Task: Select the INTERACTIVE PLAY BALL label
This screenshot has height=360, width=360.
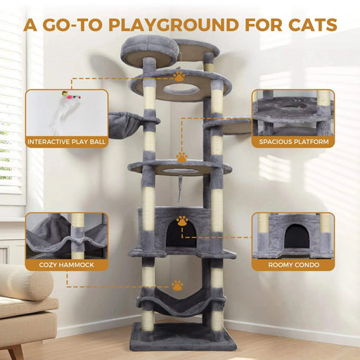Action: point(66,141)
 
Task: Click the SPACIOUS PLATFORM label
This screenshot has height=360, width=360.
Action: point(293,141)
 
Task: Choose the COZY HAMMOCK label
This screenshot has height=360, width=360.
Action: point(67,265)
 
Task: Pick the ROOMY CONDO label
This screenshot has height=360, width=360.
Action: point(292,265)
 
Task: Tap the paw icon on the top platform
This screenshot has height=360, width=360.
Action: point(180,76)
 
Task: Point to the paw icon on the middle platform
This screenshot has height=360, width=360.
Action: point(181,158)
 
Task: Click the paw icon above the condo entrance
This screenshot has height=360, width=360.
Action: point(182,221)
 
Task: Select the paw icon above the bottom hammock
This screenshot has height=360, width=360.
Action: point(177,285)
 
